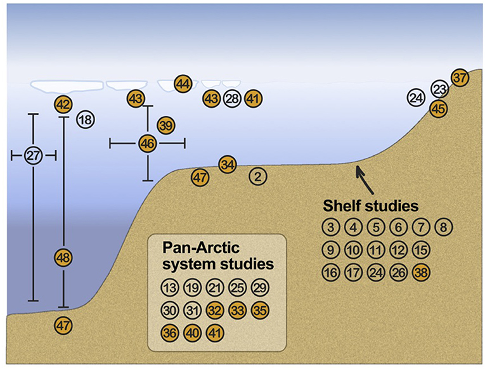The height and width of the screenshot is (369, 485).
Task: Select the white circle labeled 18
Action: click(x=85, y=119)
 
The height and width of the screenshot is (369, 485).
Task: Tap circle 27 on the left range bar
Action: click(x=34, y=155)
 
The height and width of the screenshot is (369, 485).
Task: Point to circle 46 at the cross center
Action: click(x=148, y=144)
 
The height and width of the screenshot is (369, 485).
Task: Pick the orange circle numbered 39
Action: click(x=165, y=126)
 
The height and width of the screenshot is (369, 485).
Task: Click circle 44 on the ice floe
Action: click(x=183, y=84)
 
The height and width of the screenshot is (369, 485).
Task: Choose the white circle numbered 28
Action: click(x=232, y=98)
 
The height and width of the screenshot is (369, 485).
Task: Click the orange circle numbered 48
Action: click(x=63, y=257)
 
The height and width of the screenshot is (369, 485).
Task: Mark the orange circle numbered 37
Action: click(x=460, y=77)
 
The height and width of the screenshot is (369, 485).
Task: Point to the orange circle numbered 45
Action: click(x=438, y=108)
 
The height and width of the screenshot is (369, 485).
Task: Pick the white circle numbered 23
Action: click(x=439, y=88)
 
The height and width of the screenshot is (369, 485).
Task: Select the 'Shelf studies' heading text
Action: click(x=370, y=206)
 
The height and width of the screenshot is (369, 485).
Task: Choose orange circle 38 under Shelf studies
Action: click(x=420, y=273)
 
